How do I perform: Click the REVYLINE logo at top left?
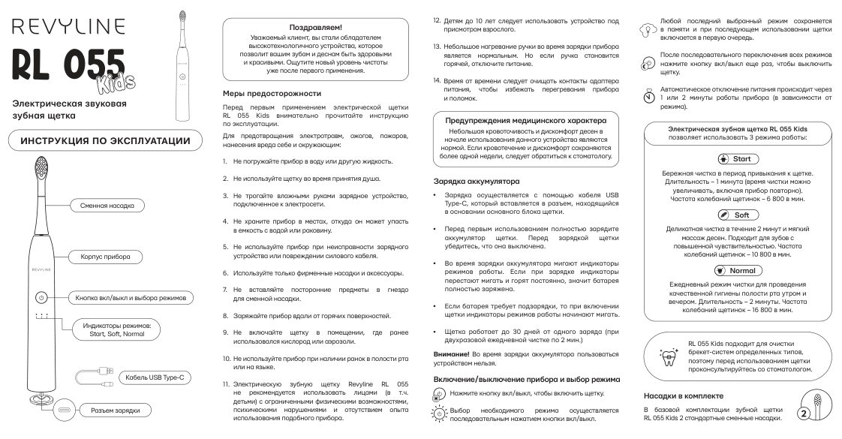tap(68, 27)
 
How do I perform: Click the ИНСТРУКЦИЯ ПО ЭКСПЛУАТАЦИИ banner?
tap(105, 141)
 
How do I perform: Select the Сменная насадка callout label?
tap(107, 205)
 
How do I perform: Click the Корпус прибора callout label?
tap(106, 257)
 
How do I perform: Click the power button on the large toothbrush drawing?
tap(41, 298)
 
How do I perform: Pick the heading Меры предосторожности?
tap(272, 94)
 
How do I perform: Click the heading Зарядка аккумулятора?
tap(476, 182)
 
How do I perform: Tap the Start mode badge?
tap(738, 159)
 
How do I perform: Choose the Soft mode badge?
tap(738, 215)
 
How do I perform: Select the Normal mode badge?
tap(738, 270)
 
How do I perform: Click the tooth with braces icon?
tap(666, 357)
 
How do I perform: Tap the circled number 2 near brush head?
tap(804, 413)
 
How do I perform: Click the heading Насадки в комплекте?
tap(683, 395)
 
